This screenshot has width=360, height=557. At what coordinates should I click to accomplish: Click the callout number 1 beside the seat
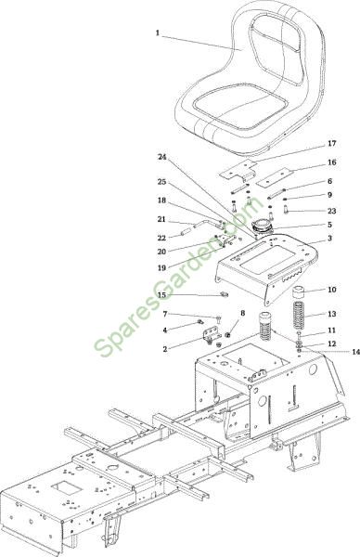[158, 33]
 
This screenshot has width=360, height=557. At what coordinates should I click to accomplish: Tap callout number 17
[331, 144]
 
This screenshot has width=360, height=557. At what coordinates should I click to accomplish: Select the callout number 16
[331, 162]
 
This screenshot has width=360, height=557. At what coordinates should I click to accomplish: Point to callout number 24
[161, 157]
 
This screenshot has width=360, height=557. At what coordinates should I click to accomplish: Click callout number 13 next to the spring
[331, 314]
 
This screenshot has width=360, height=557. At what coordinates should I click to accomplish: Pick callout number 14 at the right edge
[355, 352]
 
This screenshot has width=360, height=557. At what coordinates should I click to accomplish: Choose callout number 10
[331, 290]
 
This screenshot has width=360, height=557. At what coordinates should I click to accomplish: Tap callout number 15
[161, 295]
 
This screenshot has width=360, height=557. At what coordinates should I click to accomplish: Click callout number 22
[161, 238]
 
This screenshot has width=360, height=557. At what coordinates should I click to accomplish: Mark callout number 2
[165, 349]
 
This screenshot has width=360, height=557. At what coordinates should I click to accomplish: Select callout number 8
[243, 313]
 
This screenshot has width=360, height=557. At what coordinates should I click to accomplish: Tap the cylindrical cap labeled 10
[301, 293]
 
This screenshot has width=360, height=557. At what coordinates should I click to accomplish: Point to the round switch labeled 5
[262, 227]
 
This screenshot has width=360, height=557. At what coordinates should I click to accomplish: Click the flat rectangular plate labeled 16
[276, 178]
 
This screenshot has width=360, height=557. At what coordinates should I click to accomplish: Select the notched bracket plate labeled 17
[238, 171]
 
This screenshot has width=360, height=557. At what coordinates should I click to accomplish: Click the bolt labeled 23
[286, 210]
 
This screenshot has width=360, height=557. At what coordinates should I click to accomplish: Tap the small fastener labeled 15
[224, 294]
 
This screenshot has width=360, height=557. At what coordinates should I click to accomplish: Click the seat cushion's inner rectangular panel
[240, 106]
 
